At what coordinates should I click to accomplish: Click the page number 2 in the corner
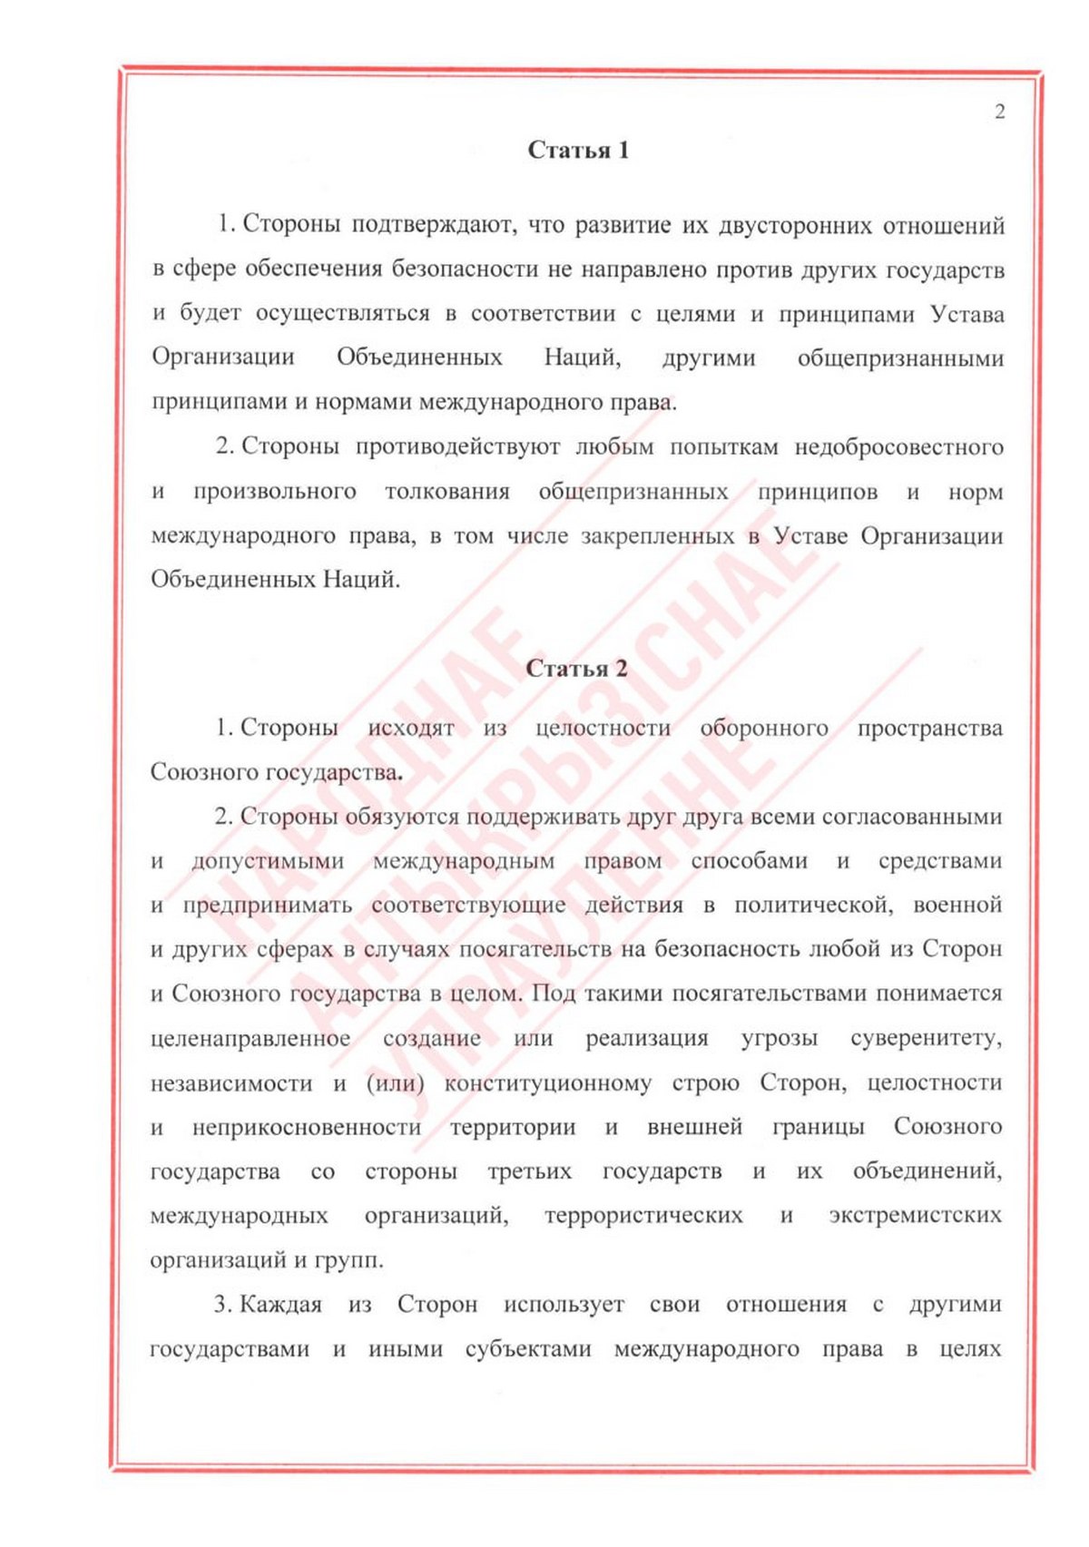[x=999, y=113]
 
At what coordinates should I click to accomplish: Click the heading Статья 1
[x=578, y=151]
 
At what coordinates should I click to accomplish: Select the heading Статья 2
[x=576, y=669]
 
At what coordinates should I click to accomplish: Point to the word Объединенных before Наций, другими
[x=419, y=357]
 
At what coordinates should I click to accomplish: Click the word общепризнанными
[x=900, y=358]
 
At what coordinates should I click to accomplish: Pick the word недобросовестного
[x=898, y=446]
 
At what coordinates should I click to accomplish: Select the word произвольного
[x=274, y=492]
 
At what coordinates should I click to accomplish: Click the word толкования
[x=446, y=492]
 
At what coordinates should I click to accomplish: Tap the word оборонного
[x=763, y=728]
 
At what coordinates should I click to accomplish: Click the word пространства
[x=929, y=728]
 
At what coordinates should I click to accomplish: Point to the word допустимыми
[x=268, y=860]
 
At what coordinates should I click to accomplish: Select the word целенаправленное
[x=250, y=1038]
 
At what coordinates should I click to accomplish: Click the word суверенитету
[x=926, y=1038]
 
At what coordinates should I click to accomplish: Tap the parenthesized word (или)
[x=396, y=1082]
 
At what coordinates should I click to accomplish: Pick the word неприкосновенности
[x=307, y=1127]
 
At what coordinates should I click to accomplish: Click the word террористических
[x=643, y=1215]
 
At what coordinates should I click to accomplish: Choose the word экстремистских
[x=915, y=1215]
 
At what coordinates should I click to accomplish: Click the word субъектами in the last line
[x=528, y=1349]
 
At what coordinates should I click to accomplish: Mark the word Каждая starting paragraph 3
[x=280, y=1305]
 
